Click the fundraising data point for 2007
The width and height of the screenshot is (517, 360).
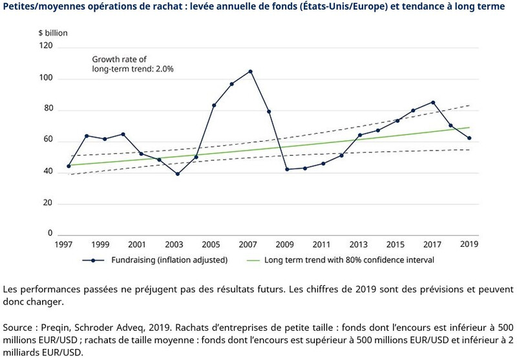(250, 71)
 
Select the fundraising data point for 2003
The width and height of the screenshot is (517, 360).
(178, 174)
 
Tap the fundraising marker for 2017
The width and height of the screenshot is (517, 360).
(432, 102)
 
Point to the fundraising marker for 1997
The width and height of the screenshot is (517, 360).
(69, 166)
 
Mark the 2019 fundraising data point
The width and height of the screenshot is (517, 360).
(469, 138)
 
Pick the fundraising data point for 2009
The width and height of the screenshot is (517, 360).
(286, 169)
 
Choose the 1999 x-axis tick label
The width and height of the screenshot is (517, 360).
(100, 246)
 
